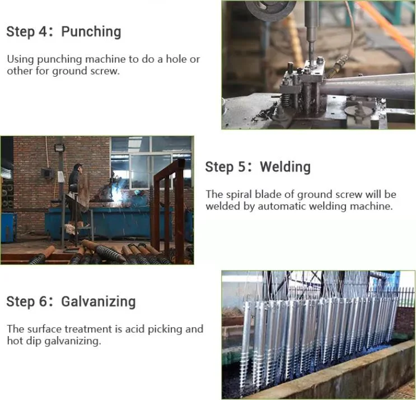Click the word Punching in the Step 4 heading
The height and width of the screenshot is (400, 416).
click(x=91, y=32)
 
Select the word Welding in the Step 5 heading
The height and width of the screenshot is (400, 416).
click(x=285, y=167)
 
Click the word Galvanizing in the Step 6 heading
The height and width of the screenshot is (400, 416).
click(x=99, y=302)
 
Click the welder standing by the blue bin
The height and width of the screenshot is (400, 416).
click(x=74, y=190)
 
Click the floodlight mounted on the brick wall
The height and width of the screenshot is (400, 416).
click(x=59, y=148)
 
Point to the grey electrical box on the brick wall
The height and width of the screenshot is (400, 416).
click(x=47, y=174)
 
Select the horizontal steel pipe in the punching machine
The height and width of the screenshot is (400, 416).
click(x=370, y=87)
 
